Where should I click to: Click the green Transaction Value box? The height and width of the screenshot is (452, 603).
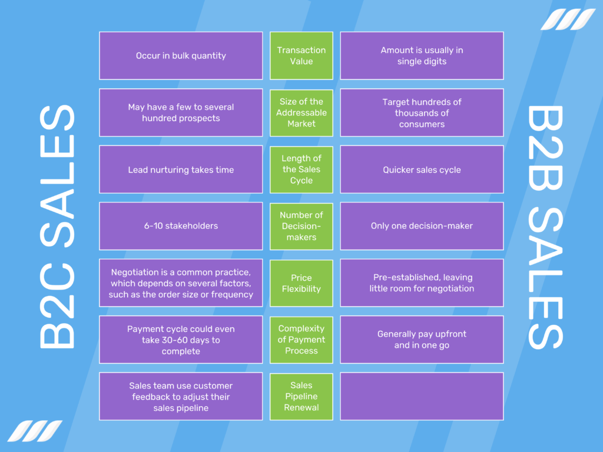pyautogui.click(x=301, y=56)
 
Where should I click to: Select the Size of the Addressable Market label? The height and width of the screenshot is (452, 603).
pyautogui.click(x=301, y=112)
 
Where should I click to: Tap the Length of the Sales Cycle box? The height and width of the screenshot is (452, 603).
pyautogui.click(x=301, y=169)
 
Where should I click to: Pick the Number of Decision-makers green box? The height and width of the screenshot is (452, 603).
pyautogui.click(x=301, y=226)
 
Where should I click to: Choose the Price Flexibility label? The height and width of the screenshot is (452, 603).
pyautogui.click(x=301, y=283)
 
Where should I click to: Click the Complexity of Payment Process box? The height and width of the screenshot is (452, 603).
pyautogui.click(x=301, y=340)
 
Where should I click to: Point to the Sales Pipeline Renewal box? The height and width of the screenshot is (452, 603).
pyautogui.click(x=301, y=396)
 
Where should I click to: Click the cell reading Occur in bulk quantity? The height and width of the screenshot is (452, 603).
pyautogui.click(x=181, y=56)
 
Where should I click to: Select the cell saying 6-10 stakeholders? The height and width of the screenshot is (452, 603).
pyautogui.click(x=181, y=226)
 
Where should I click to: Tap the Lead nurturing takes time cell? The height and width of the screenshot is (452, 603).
pyautogui.click(x=181, y=169)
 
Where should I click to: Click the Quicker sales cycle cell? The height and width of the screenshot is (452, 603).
pyautogui.click(x=422, y=169)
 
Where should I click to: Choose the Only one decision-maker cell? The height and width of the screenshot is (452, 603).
pyautogui.click(x=422, y=226)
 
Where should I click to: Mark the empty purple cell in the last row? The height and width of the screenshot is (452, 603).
pyautogui.click(x=422, y=396)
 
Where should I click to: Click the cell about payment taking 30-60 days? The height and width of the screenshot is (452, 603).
pyautogui.click(x=181, y=340)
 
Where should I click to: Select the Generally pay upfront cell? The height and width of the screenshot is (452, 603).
pyautogui.click(x=422, y=340)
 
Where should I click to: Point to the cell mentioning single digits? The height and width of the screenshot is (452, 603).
pyautogui.click(x=422, y=56)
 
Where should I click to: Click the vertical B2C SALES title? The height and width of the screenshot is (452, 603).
pyautogui.click(x=57, y=227)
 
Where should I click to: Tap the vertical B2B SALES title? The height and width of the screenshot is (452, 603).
pyautogui.click(x=545, y=227)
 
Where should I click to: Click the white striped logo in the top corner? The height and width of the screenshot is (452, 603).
pyautogui.click(x=568, y=19)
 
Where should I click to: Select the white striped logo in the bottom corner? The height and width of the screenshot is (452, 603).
pyautogui.click(x=35, y=430)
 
